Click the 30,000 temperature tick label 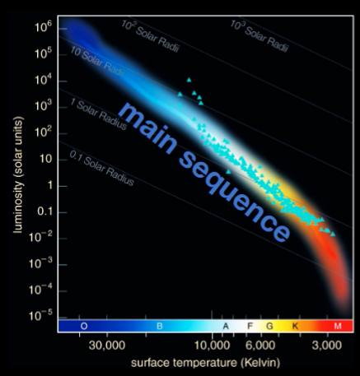(x=109, y=345)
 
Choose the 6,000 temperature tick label (x=264, y=345)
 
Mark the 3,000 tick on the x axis (x=327, y=345)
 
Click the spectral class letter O (x=84, y=327)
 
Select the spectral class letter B (x=161, y=327)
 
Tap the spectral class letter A (x=226, y=327)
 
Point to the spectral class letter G (x=269, y=327)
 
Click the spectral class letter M (x=338, y=327)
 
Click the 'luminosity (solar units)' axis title (x=16, y=173)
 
